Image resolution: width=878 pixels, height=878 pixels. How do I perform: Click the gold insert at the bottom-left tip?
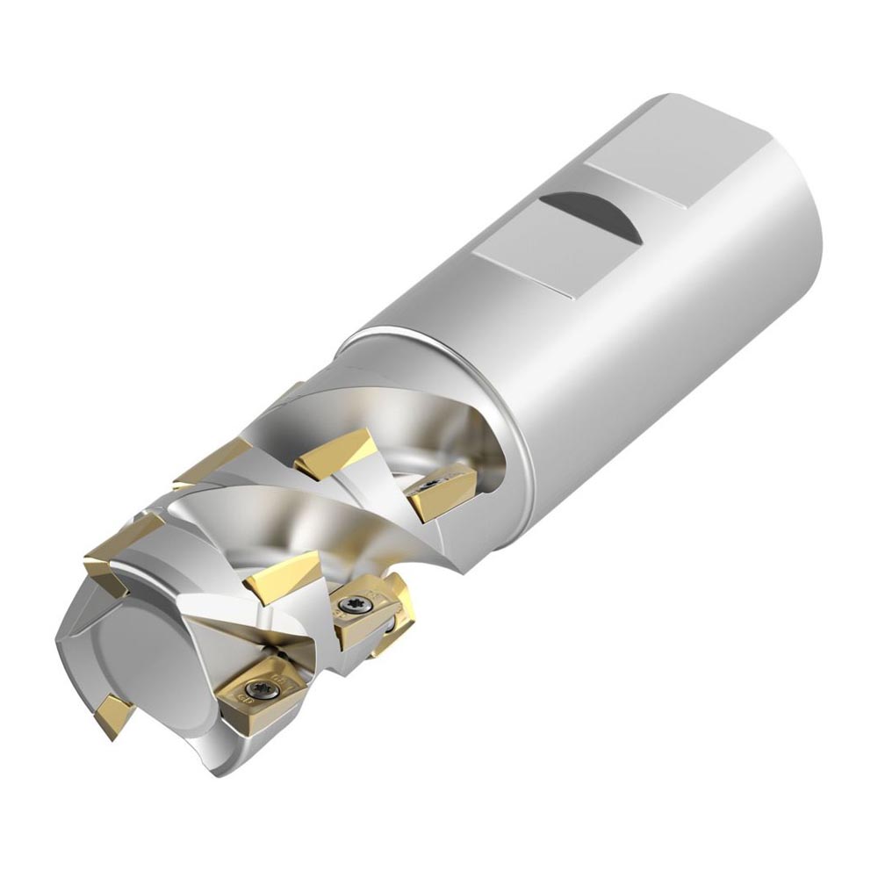[x=114, y=716]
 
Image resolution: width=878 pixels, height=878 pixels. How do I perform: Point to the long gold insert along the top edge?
[x=215, y=461]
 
